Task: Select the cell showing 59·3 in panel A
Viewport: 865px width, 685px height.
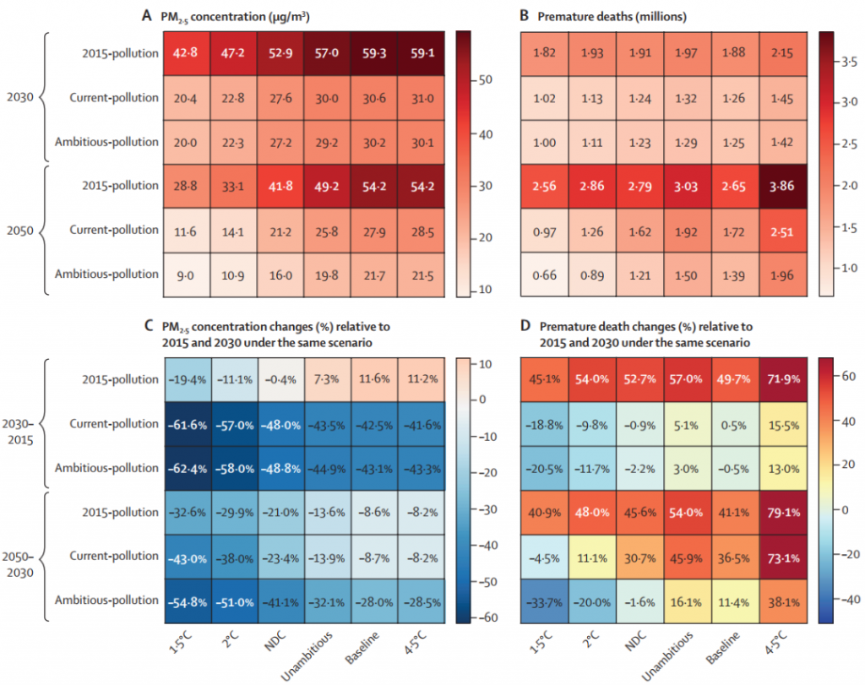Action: (373, 53)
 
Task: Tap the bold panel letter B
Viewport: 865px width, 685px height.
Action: (524, 15)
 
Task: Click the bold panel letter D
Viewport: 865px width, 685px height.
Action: (524, 326)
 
